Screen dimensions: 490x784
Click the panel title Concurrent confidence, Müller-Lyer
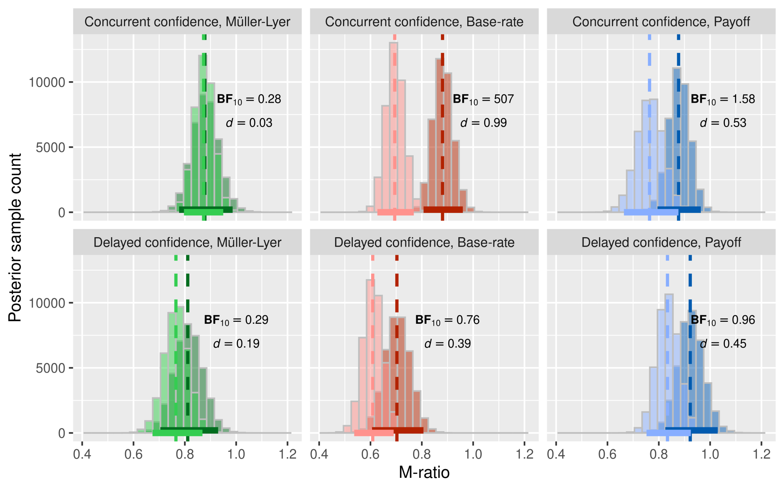(187, 22)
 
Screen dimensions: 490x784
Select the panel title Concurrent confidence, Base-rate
(424, 22)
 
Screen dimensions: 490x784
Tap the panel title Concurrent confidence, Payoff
(661, 22)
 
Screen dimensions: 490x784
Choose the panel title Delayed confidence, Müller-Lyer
(187, 243)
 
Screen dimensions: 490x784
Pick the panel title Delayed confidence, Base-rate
(424, 243)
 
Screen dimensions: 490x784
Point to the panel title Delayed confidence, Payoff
(661, 243)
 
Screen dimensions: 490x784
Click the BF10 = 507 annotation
(483, 100)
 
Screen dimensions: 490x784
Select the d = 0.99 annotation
(483, 123)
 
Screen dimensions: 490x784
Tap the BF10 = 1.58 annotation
(722, 100)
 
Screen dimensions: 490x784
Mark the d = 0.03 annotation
(249, 123)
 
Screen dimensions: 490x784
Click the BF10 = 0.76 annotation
(447, 320)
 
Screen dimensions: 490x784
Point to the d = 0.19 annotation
(236, 344)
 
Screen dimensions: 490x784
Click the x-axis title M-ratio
(424, 473)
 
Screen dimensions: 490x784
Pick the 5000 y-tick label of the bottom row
(51, 368)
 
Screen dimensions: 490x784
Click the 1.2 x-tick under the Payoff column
(761, 454)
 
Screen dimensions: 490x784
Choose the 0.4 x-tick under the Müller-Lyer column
(82, 454)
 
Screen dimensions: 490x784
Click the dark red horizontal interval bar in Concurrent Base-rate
(443, 209)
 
